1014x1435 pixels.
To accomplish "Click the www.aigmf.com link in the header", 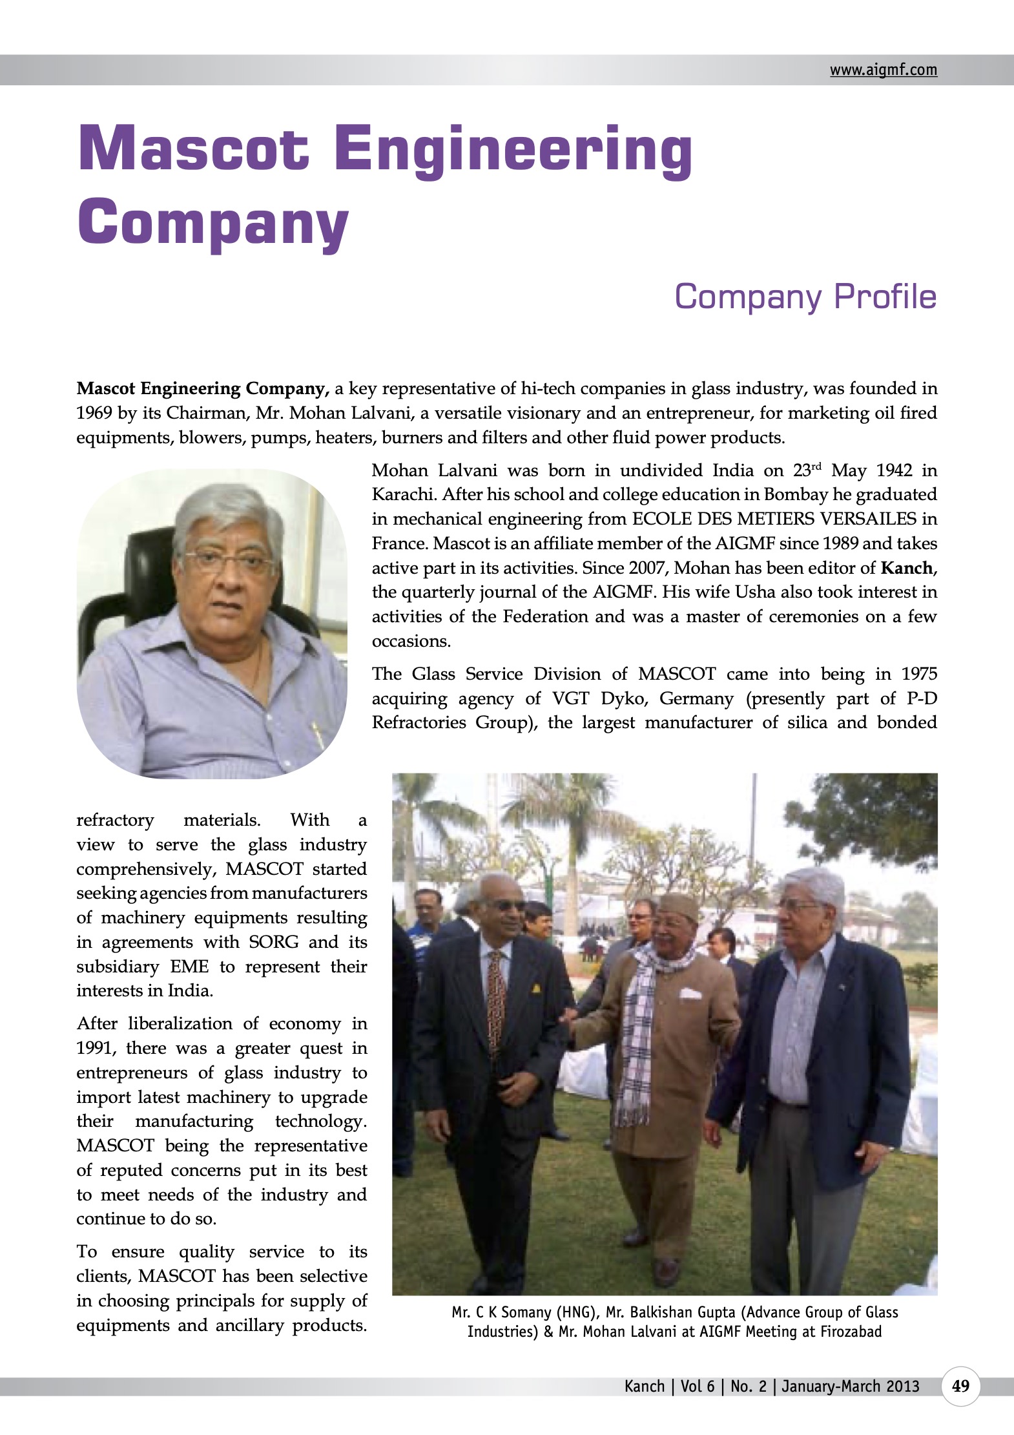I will coord(883,70).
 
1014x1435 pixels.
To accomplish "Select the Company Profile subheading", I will coord(805,297).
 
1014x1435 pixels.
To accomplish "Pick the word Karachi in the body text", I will coord(395,495).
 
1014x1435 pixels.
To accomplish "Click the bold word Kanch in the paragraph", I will coord(907,569).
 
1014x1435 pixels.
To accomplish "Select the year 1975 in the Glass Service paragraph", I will coord(919,674).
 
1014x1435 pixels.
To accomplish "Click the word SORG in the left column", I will coord(274,942).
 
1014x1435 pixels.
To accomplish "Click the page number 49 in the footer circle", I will coord(960,1386).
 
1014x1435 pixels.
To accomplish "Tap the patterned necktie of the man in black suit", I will coord(496,1001).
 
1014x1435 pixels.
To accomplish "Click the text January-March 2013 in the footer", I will coord(850,1386).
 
